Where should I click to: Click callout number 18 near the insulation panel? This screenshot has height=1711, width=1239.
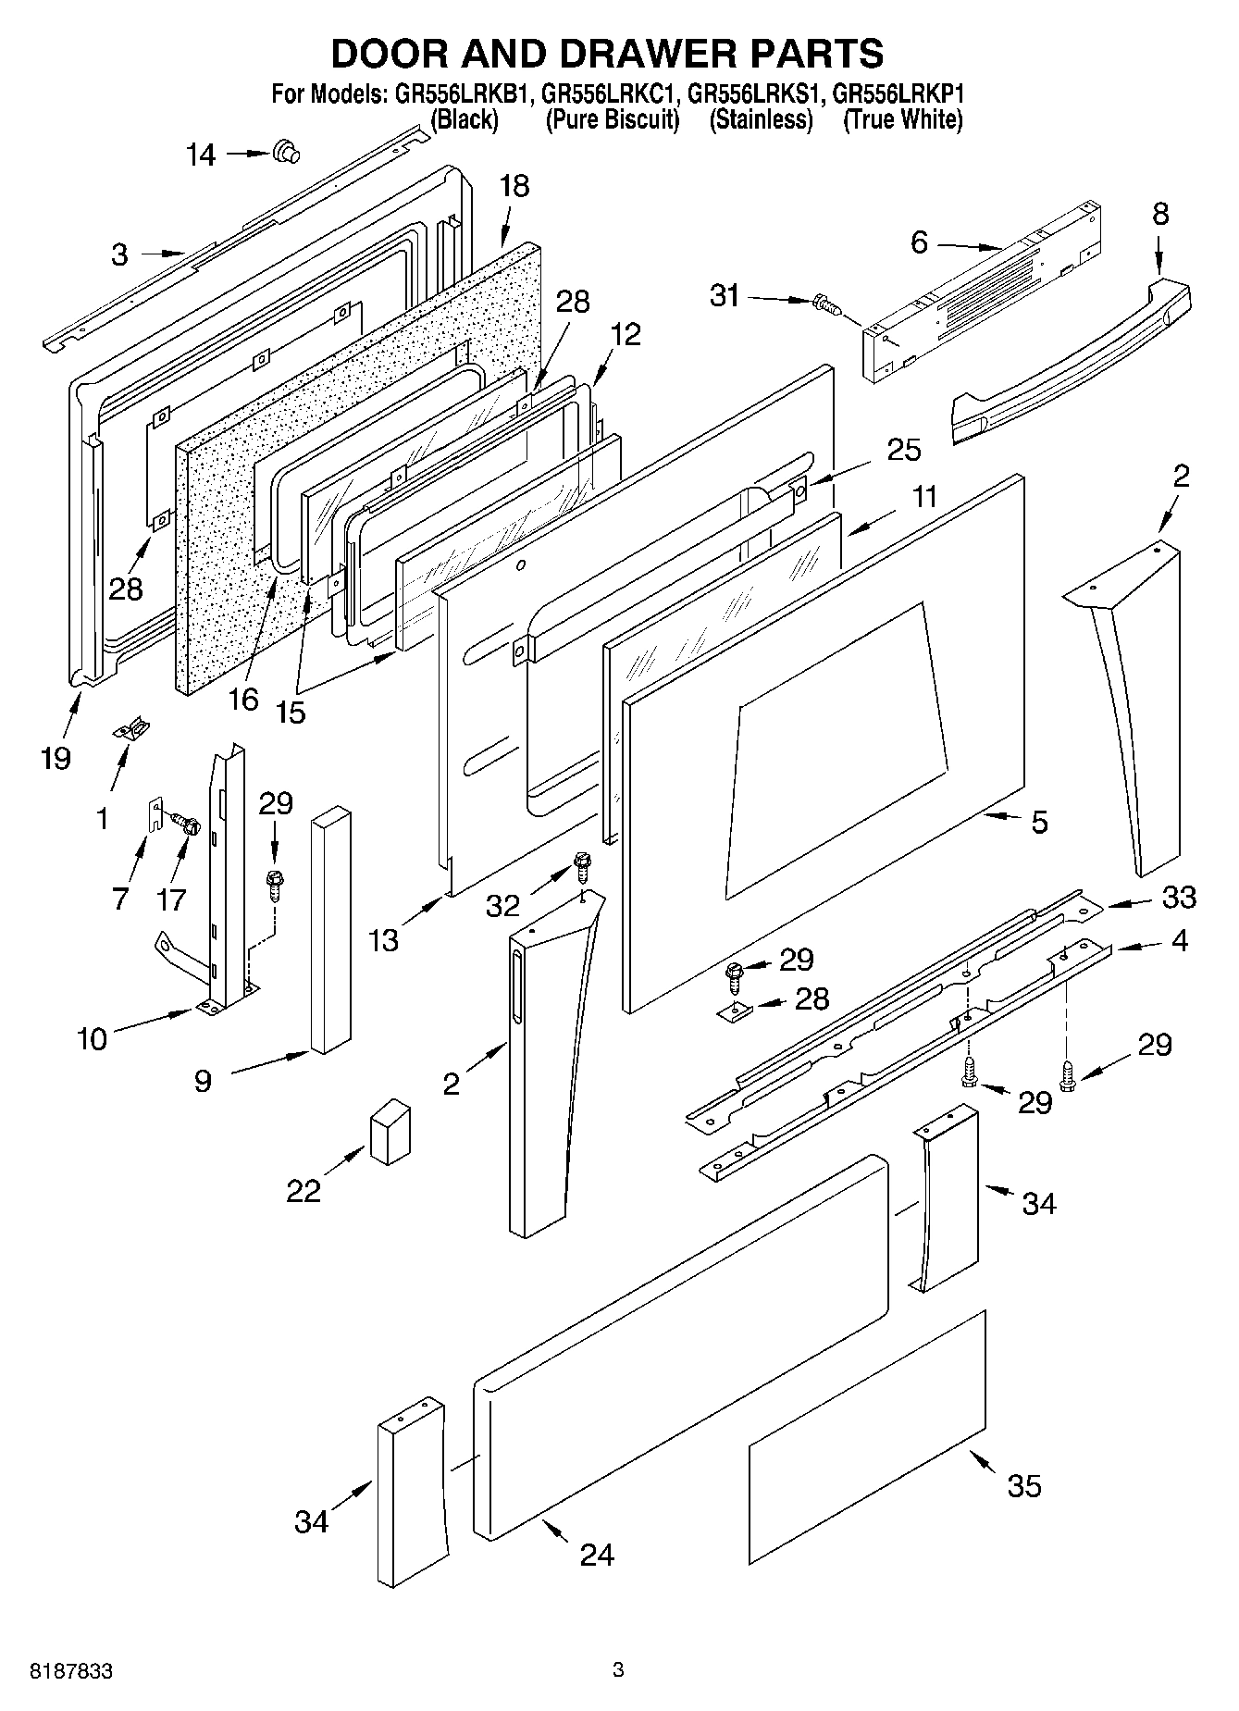tap(514, 186)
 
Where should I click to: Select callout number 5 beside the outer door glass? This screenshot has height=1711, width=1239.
tap(1040, 822)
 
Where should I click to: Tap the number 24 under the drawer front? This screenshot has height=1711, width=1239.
tap(597, 1555)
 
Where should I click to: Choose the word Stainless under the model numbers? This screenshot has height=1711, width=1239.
tap(761, 120)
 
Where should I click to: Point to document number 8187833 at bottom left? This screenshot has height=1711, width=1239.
tap(72, 1671)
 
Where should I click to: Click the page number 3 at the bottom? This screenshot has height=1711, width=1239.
tap(618, 1670)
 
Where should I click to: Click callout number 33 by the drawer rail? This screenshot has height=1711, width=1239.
tap(1179, 897)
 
